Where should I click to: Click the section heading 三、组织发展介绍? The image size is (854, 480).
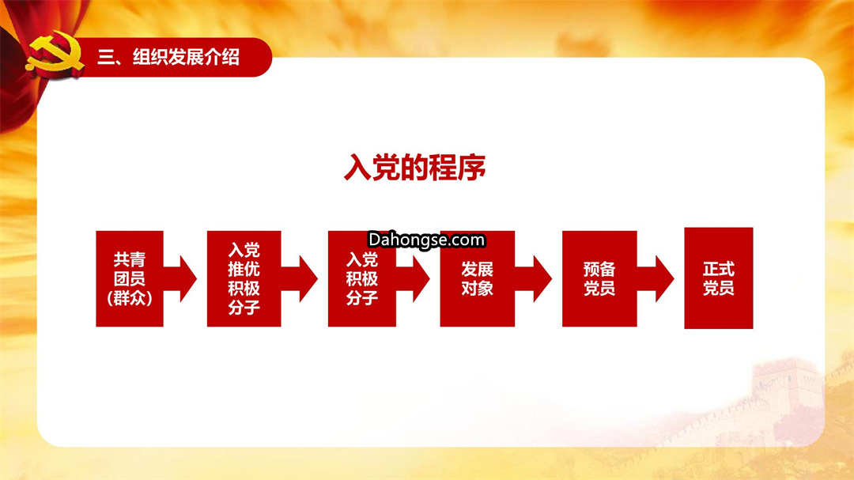pos(168,57)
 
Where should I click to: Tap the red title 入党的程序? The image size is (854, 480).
pos(415,168)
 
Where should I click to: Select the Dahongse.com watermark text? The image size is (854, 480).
pos(426,240)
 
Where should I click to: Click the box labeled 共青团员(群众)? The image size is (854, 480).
pos(130,278)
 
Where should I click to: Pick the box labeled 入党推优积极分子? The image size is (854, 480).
pos(244,278)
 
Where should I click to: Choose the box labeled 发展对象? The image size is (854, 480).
pos(477,278)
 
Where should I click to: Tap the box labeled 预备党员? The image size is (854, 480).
pos(599,278)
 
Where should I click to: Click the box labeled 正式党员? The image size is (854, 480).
pos(718,278)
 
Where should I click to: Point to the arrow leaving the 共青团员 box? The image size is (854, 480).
pos(180,278)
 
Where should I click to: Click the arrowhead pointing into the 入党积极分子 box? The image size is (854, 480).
pos(308,278)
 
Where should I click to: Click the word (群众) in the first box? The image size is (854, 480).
pos(130,298)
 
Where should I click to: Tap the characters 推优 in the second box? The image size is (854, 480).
pos(244,269)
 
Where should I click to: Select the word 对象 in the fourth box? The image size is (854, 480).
pos(477,288)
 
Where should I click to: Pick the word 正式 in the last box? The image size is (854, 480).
pos(718,269)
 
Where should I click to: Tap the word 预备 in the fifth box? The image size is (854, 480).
pos(599,269)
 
